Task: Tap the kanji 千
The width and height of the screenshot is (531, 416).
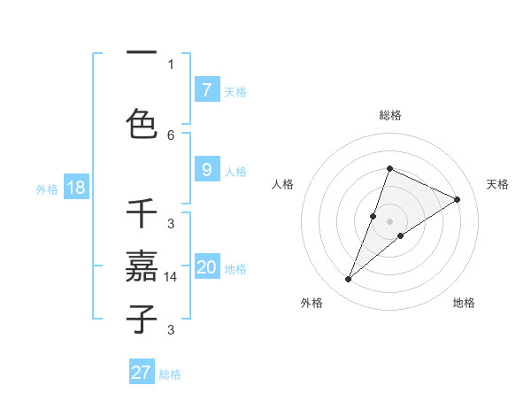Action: click(x=142, y=215)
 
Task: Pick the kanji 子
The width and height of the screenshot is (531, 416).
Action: click(x=142, y=318)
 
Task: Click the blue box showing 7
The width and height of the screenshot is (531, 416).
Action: click(x=206, y=89)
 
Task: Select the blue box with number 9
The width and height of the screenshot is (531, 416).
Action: click(x=206, y=170)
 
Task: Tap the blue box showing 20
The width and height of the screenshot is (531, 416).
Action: click(x=207, y=266)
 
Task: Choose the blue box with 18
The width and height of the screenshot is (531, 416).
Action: click(x=75, y=188)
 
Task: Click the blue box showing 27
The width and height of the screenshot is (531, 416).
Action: click(x=142, y=373)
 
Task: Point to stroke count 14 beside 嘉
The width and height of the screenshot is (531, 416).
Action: click(x=171, y=277)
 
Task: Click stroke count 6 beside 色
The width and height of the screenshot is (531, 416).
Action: click(x=171, y=135)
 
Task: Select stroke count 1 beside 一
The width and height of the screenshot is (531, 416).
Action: click(x=171, y=65)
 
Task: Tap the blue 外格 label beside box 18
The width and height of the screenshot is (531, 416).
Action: click(x=47, y=189)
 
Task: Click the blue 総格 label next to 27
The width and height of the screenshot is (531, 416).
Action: click(x=170, y=374)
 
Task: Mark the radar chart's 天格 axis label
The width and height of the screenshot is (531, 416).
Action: click(x=498, y=184)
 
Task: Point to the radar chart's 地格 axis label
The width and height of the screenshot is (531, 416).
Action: click(x=464, y=303)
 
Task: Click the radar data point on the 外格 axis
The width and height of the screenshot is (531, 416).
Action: click(x=349, y=280)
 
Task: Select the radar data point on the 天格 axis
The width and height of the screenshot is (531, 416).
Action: click(x=458, y=199)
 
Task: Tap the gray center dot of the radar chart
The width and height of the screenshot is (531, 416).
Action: click(x=390, y=220)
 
